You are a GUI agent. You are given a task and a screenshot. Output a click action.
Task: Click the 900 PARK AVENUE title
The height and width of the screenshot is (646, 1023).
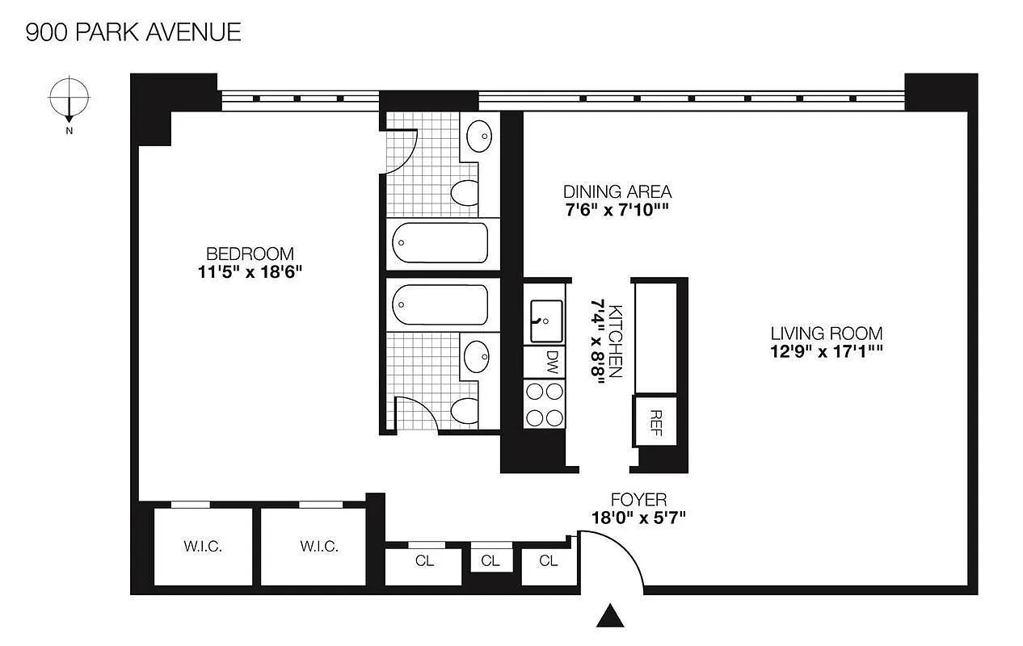point(133,32)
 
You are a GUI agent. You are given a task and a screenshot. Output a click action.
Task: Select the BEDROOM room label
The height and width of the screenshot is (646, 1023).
point(249,254)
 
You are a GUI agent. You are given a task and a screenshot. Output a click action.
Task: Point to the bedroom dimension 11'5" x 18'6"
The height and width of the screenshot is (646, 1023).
point(249,272)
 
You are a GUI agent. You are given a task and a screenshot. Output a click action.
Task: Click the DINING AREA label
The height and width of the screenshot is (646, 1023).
point(617,192)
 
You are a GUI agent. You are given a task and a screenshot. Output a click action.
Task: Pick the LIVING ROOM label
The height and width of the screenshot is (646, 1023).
point(826,333)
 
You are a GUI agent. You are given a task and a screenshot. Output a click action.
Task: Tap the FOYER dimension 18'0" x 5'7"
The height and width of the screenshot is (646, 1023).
point(638,518)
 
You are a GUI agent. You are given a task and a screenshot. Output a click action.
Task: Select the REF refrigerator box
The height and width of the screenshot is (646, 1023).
point(655,421)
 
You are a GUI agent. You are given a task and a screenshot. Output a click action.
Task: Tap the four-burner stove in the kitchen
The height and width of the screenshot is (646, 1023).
point(545,405)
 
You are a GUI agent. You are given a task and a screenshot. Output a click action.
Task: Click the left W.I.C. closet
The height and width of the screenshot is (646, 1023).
point(202,547)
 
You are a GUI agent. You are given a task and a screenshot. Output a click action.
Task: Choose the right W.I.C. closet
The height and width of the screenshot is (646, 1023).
point(318,547)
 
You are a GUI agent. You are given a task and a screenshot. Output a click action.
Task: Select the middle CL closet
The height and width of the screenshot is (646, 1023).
point(490,561)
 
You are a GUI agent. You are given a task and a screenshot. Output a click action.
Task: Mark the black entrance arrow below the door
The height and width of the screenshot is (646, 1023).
point(612,616)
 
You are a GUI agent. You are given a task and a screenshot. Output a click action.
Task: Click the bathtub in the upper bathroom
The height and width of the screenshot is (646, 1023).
point(440,243)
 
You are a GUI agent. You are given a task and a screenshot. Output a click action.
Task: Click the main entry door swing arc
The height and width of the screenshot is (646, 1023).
point(622,553)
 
